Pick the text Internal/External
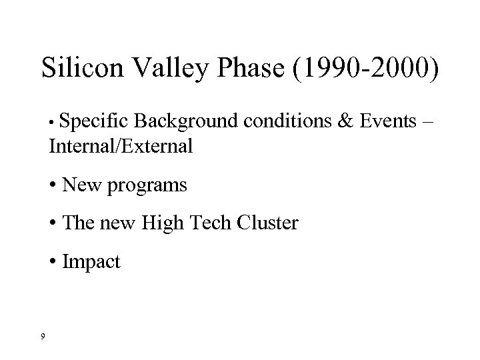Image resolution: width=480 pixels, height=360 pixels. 120,146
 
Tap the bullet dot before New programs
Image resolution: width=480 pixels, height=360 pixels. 53,185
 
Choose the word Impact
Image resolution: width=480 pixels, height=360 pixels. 91,262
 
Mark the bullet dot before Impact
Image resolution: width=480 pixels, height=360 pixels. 53,261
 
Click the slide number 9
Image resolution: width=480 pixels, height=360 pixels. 43,335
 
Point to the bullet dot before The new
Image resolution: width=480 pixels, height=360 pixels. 53,223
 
